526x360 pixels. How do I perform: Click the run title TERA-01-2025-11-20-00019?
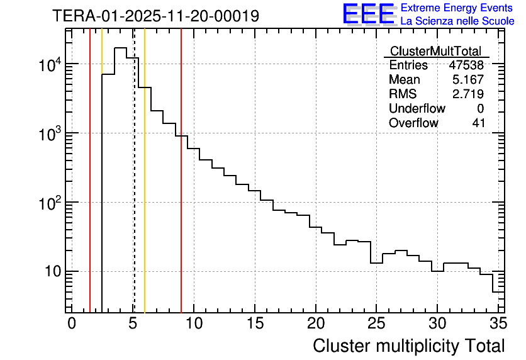155,16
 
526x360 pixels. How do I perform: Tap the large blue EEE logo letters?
369,14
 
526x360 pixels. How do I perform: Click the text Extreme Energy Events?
457,8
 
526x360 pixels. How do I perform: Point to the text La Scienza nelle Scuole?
457,21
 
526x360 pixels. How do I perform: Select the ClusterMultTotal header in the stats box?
435,52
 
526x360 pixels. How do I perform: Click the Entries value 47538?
466,65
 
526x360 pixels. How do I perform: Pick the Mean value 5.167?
468,80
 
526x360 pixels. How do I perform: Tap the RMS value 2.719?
468,94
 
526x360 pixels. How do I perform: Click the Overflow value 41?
478,123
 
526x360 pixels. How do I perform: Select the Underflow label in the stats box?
417,109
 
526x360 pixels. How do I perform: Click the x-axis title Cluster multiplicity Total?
408,346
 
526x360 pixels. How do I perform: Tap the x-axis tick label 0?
72,323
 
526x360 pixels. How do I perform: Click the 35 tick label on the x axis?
498,323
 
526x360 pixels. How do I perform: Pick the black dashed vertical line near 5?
134,189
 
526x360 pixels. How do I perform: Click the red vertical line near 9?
181,189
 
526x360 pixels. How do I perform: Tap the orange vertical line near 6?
145,189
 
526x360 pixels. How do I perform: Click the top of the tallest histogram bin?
120,48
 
